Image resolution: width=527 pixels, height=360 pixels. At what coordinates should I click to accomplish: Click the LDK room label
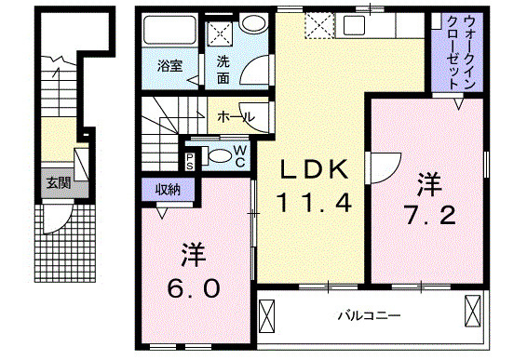316,170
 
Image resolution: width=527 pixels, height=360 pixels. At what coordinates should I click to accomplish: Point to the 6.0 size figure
193,287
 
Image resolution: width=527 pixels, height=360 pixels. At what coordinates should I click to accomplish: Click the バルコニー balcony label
368,316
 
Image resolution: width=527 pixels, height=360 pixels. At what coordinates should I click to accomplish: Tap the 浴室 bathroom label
168,66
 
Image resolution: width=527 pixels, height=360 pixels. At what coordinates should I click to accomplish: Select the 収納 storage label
168,189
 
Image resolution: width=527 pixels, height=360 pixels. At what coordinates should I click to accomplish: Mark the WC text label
239,155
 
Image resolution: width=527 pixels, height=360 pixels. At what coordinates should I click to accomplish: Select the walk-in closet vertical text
458,52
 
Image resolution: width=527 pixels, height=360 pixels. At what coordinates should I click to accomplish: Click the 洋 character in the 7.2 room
427,184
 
